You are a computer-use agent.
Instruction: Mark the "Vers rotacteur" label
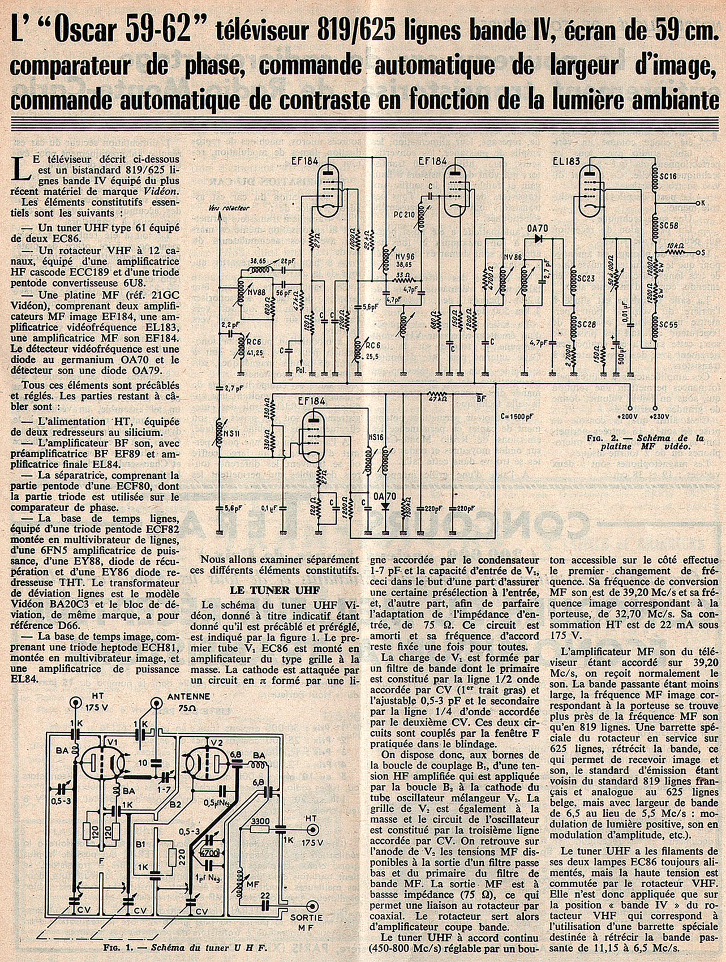click(x=231, y=208)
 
